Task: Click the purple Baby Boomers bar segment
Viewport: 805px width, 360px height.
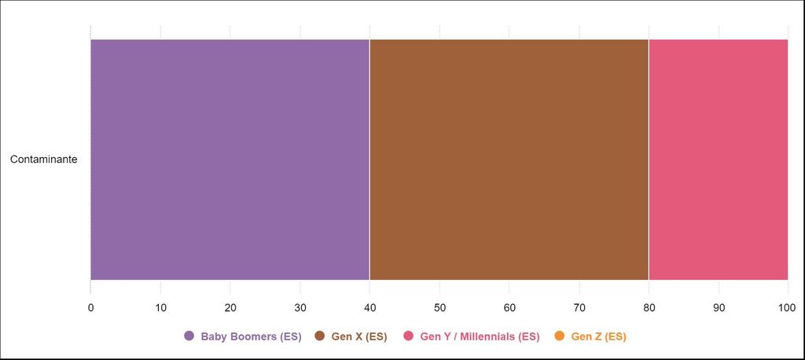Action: (x=230, y=160)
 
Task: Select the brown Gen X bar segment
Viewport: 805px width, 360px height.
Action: (x=509, y=160)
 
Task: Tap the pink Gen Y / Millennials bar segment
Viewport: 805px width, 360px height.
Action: (x=718, y=160)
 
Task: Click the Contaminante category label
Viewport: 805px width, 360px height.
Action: (x=43, y=160)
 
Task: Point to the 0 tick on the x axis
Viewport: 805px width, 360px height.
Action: (x=90, y=307)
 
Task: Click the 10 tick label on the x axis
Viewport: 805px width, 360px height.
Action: (x=160, y=307)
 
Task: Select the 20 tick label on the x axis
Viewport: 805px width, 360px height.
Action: (x=230, y=307)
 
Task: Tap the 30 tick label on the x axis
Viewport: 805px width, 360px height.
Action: (x=300, y=307)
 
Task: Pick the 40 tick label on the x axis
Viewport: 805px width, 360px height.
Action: (x=369, y=307)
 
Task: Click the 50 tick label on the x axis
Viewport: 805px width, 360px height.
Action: (x=439, y=307)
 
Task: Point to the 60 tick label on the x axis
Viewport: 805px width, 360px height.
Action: (x=509, y=307)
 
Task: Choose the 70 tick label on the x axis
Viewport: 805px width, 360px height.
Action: (x=579, y=307)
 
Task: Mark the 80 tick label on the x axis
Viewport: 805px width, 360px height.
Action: (x=649, y=307)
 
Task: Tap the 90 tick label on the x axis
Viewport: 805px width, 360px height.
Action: (x=718, y=307)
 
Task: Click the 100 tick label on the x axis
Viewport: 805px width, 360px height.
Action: (x=787, y=307)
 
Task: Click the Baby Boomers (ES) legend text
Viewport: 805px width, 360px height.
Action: (x=251, y=336)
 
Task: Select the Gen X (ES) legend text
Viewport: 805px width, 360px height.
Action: (x=359, y=336)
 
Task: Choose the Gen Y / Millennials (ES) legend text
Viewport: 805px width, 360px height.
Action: (x=480, y=336)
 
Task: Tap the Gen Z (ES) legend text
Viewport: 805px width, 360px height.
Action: (x=598, y=336)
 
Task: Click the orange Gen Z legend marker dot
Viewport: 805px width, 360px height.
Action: (x=560, y=336)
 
